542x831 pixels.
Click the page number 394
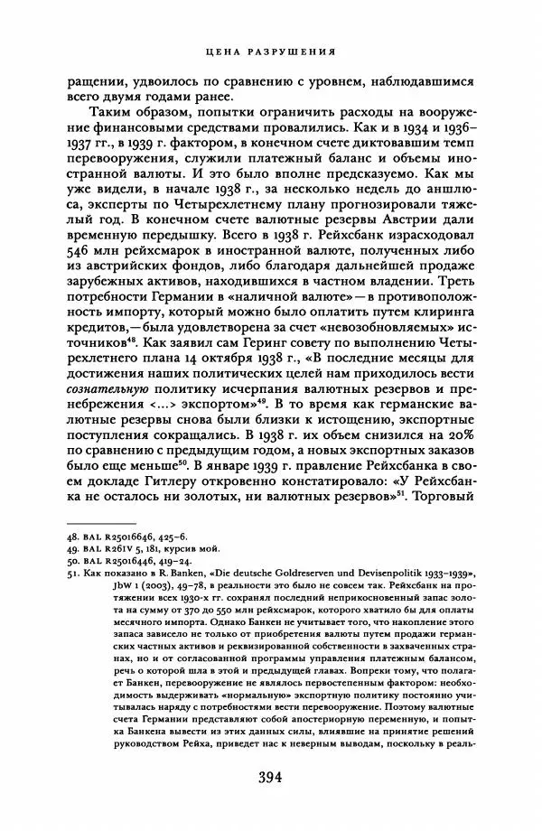(271, 780)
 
